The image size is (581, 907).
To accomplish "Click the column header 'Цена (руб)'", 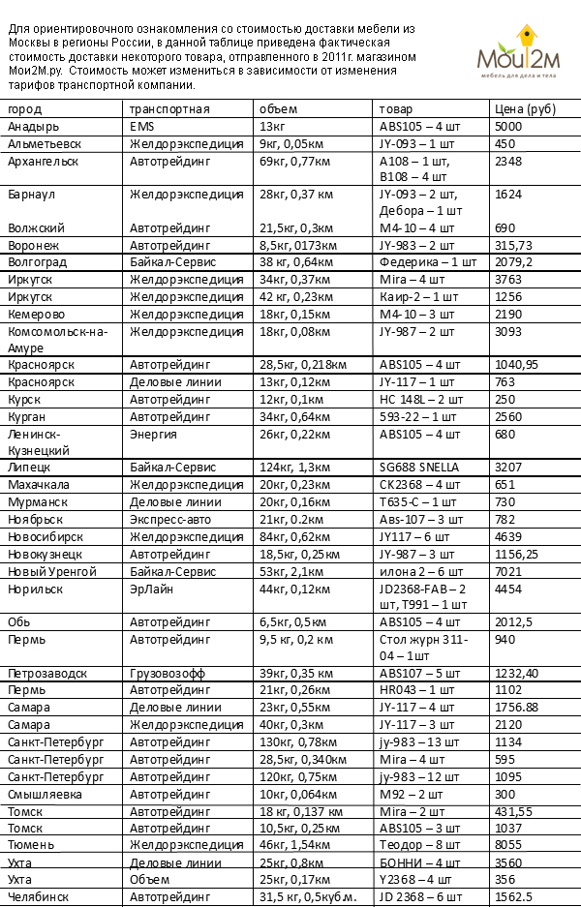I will pos(524,108).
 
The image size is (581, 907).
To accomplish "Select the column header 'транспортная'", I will pos(169,108).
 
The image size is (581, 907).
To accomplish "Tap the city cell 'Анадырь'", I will pos(33,127).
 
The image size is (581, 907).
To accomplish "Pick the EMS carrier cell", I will pos(141,127).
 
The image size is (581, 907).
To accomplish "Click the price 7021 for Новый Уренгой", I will pos(507,571).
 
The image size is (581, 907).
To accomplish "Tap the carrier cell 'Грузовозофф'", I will pos(168,673).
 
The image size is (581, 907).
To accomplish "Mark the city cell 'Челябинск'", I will pos(38,897).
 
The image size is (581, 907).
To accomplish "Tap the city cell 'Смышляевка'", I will pos(44,794).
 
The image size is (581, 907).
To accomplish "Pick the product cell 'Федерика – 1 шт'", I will pos(427,262).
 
